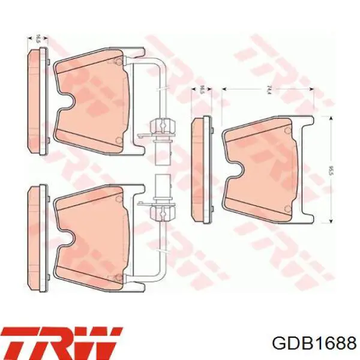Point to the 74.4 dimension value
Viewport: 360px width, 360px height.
(268, 89)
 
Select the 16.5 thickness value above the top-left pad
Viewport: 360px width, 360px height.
(38, 38)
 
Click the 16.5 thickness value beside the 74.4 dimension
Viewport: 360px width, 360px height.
(202, 89)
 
